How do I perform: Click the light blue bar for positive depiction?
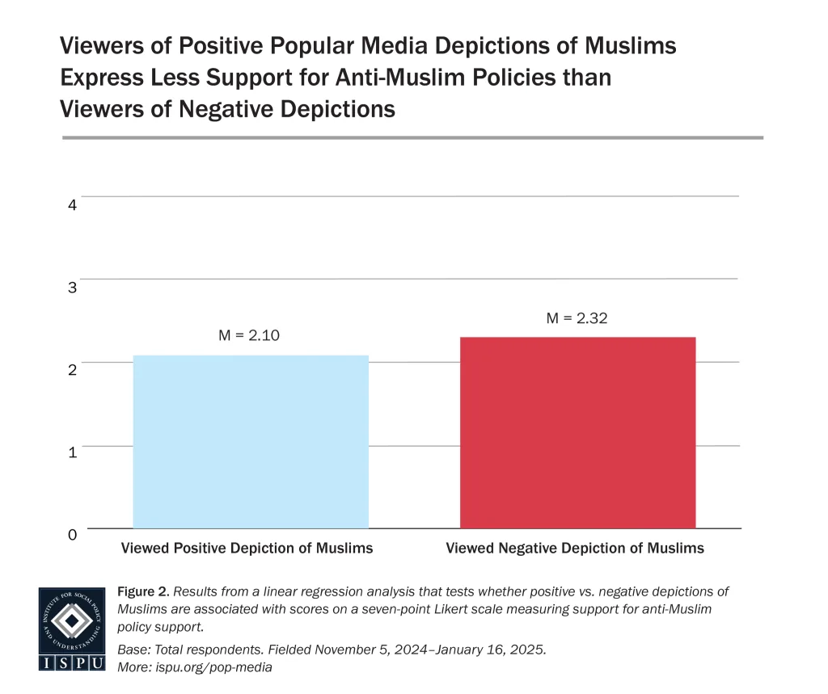point(251,442)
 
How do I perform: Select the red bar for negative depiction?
point(577,432)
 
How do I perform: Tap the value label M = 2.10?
point(249,334)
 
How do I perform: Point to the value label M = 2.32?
point(577,318)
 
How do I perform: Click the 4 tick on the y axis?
point(72,204)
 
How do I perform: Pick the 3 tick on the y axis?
point(72,287)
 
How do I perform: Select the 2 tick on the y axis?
point(72,369)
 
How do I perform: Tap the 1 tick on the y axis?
point(72,452)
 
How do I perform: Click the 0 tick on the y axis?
point(72,534)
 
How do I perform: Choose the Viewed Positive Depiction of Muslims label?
point(247,548)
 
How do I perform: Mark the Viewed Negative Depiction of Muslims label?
point(575,548)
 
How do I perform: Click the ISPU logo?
point(72,629)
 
